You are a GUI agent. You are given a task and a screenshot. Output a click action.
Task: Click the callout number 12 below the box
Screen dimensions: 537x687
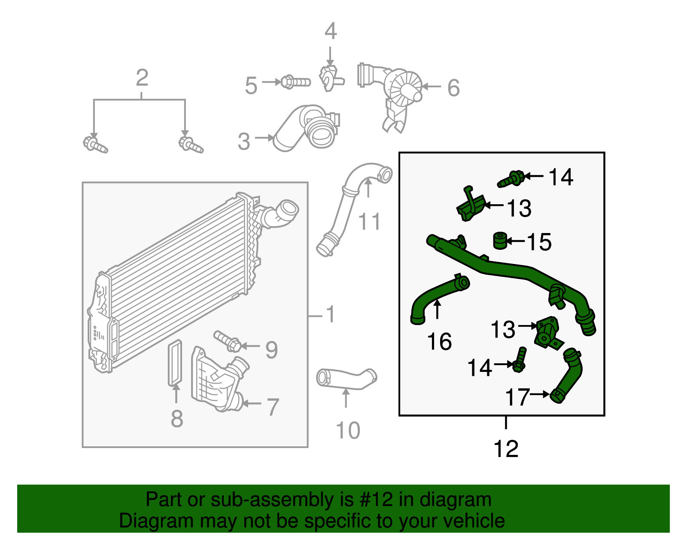pyautogui.click(x=506, y=449)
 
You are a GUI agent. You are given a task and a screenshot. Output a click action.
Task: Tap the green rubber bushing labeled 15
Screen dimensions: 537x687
pyautogui.click(x=499, y=241)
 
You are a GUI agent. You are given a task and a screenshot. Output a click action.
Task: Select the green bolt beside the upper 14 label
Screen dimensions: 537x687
pyautogui.click(x=511, y=179)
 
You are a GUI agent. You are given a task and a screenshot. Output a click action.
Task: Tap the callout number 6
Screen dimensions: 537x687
pyautogui.click(x=453, y=88)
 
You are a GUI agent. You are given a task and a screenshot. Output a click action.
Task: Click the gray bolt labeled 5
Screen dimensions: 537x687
pyautogui.click(x=295, y=82)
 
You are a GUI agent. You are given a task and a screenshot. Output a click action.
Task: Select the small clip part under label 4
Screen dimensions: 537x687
pyautogui.click(x=329, y=78)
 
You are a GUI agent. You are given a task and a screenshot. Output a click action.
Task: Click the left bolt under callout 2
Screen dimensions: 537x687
pyautogui.click(x=95, y=145)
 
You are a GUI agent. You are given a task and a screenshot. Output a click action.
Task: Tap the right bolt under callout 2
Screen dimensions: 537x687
pyautogui.click(x=190, y=145)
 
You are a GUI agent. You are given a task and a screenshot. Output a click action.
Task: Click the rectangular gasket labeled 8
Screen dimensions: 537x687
pyautogui.click(x=175, y=362)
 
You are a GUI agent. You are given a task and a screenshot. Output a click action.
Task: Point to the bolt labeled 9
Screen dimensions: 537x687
pyautogui.click(x=227, y=341)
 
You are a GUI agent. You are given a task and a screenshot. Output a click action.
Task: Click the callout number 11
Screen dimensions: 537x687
pyautogui.click(x=369, y=222)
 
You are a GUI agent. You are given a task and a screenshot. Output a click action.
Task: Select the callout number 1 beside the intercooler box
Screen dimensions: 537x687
pyautogui.click(x=330, y=314)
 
